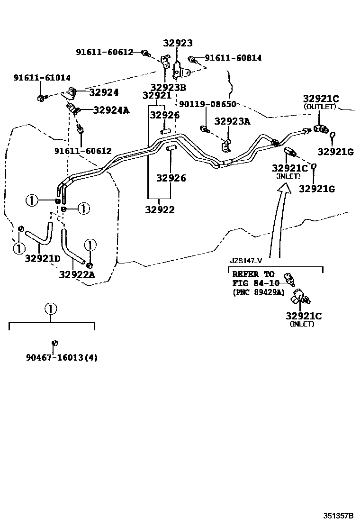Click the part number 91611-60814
[x=233, y=58]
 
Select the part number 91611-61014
[x=42, y=78]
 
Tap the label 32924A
[x=111, y=110]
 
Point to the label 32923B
[x=168, y=87]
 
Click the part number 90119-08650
[x=207, y=104]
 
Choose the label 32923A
[x=232, y=121]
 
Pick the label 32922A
[x=77, y=274]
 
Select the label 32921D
[x=43, y=259]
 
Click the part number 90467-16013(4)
[x=62, y=358]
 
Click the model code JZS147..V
[x=246, y=261]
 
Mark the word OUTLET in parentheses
[x=320, y=107]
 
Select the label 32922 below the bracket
[x=159, y=209]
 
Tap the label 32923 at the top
[x=178, y=43]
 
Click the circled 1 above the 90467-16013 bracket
[x=51, y=309]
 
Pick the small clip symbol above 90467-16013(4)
[x=54, y=343]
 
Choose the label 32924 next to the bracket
[x=104, y=92]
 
